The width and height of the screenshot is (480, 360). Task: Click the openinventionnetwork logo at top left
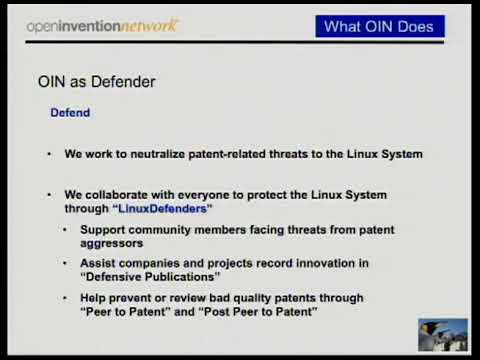[x=103, y=25]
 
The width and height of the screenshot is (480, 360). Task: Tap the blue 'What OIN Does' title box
[x=379, y=27]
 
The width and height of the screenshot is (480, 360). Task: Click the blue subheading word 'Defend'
[x=70, y=113]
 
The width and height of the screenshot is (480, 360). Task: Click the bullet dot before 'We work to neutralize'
[x=49, y=155]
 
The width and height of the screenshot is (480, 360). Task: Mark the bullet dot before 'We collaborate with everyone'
[x=49, y=194]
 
